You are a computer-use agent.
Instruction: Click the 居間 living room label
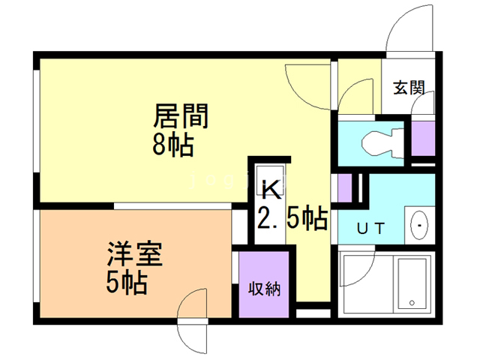tap(180, 116)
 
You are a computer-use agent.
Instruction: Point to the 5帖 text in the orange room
tap(126, 283)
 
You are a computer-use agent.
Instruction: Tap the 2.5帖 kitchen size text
tap(292, 218)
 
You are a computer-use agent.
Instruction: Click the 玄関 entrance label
tap(409, 87)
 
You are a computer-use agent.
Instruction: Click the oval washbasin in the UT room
tap(420, 225)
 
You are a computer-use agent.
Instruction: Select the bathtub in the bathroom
tap(412, 284)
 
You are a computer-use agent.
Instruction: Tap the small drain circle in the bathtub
tap(411, 303)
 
